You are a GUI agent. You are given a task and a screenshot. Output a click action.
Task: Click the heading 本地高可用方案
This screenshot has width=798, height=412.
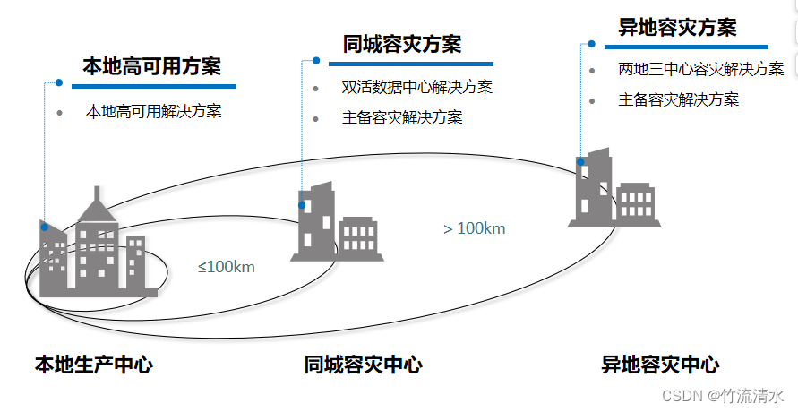click(151, 66)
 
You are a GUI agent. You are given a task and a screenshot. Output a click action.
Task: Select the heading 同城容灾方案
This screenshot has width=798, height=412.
click(402, 45)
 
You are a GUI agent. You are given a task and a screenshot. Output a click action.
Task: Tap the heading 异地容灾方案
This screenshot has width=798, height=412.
click(677, 28)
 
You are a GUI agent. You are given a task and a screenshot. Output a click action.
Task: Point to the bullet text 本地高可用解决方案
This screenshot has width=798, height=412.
click(153, 112)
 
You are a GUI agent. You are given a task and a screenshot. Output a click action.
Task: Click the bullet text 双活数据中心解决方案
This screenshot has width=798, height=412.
click(416, 88)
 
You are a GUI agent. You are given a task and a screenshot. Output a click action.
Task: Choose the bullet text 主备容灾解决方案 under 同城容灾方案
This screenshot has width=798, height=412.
click(402, 117)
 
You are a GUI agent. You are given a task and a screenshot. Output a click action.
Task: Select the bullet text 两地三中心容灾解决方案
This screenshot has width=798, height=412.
click(700, 69)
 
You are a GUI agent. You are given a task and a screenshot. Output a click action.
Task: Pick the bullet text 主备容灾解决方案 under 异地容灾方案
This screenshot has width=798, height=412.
click(678, 99)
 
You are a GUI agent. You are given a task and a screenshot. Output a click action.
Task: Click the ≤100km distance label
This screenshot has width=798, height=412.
click(227, 266)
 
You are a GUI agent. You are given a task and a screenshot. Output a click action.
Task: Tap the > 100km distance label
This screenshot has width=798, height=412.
click(474, 228)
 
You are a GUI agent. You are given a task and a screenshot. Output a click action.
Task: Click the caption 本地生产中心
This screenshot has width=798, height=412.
click(93, 365)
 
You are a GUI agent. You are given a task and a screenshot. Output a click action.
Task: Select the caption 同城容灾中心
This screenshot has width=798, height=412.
click(363, 365)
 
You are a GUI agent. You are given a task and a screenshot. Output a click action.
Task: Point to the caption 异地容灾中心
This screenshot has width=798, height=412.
click(659, 365)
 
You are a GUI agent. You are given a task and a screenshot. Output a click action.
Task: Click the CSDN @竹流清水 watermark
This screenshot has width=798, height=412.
click(723, 394)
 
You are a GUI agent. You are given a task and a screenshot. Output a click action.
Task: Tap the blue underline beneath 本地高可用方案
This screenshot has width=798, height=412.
click(153, 86)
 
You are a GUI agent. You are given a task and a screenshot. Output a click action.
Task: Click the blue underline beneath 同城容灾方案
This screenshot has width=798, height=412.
click(410, 64)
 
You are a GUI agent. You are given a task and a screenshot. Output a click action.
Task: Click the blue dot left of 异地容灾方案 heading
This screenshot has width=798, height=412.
click(591, 42)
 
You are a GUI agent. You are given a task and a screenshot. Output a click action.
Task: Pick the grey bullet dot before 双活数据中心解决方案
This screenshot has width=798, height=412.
click(315, 89)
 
